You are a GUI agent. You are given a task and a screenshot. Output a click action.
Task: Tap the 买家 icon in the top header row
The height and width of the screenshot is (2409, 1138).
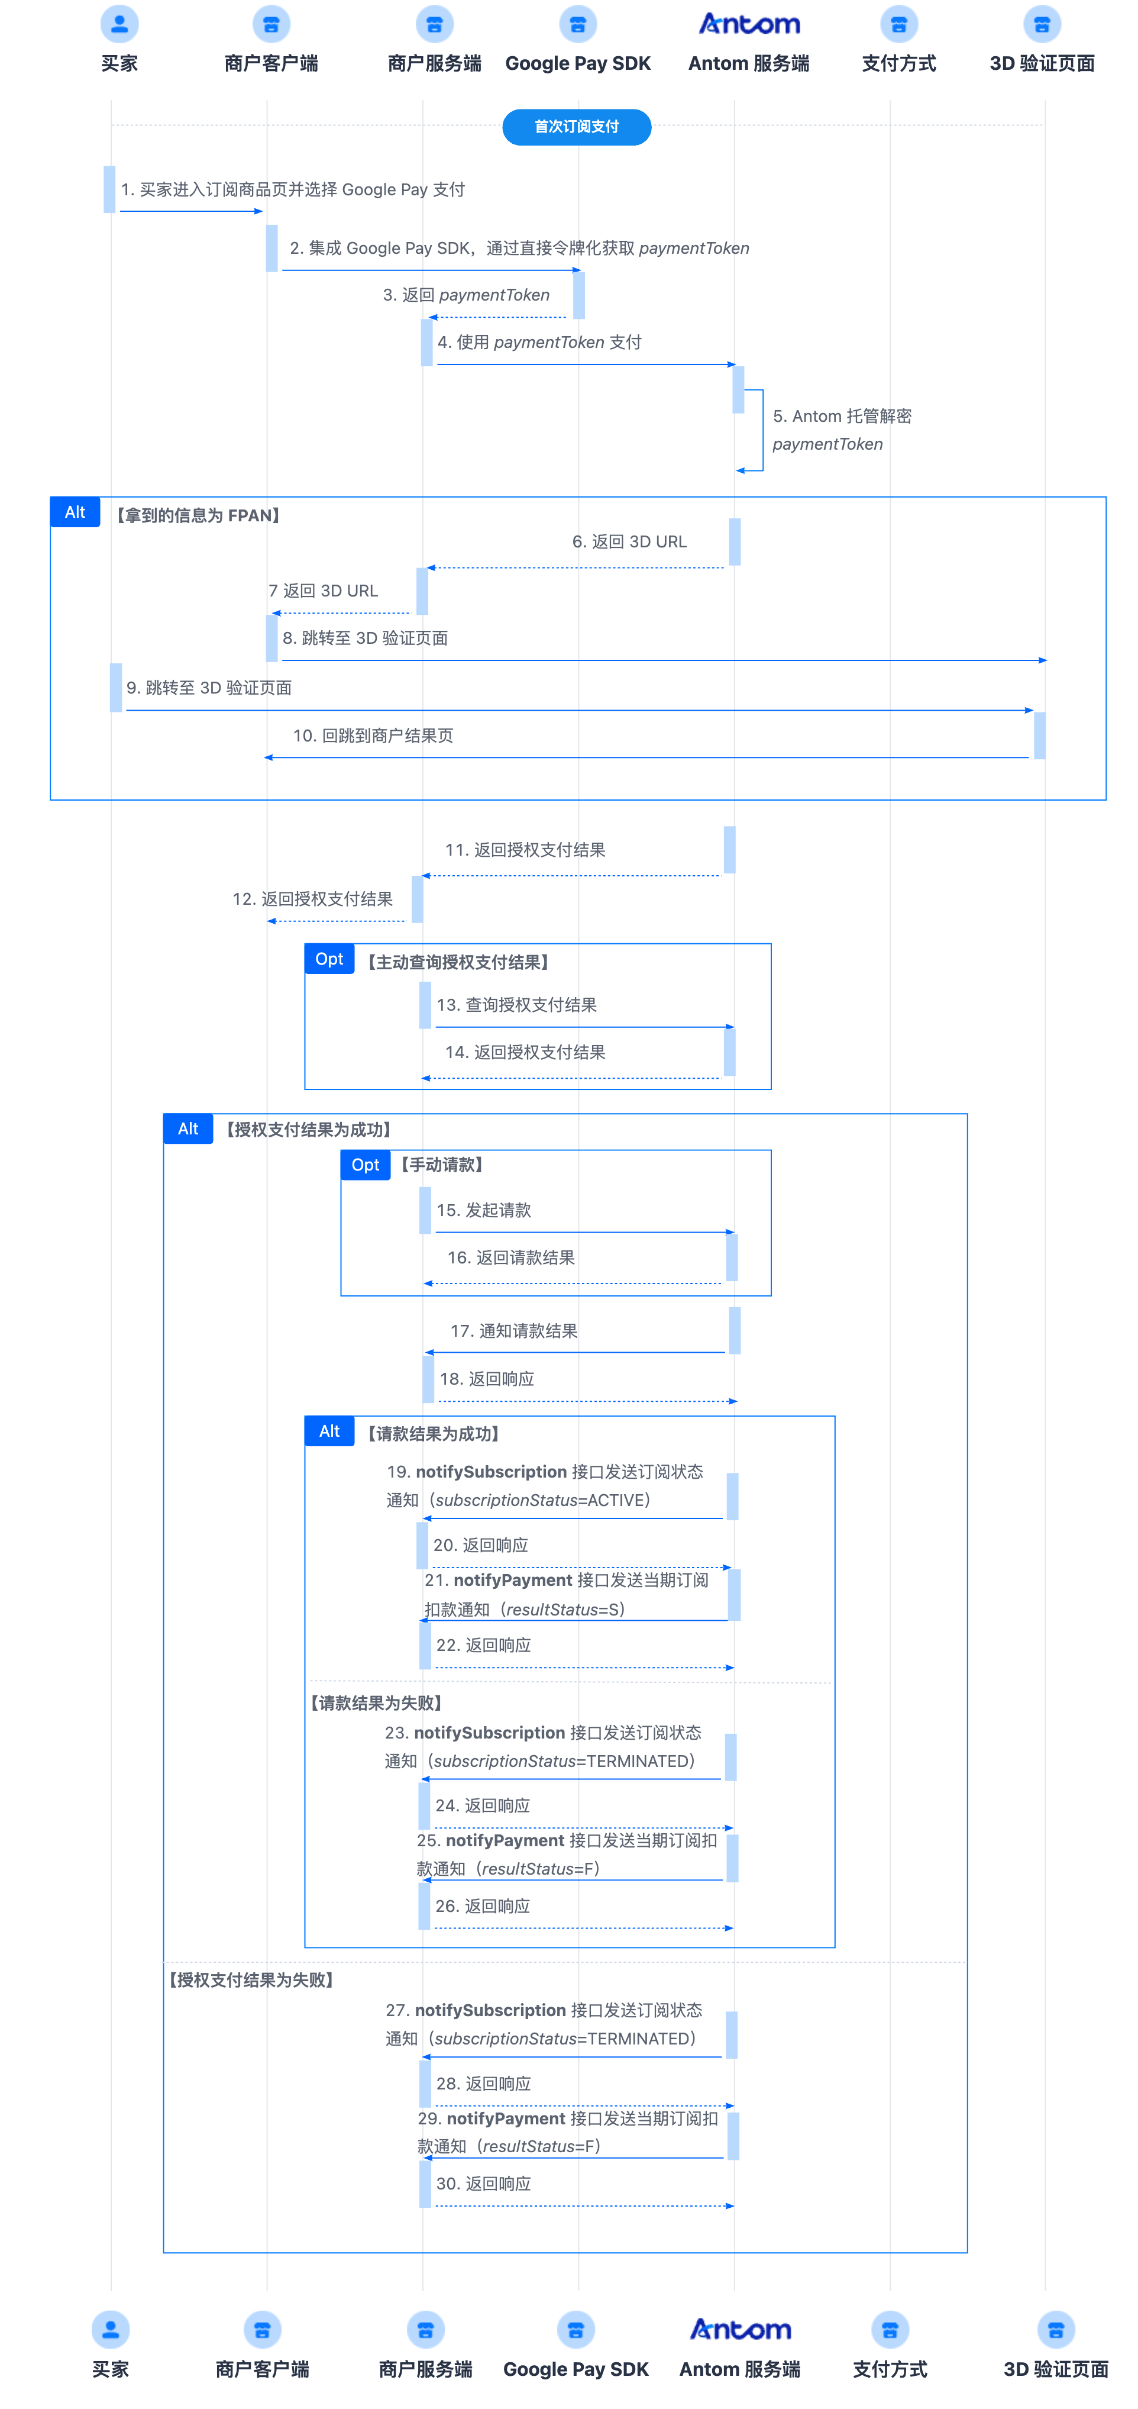tap(119, 24)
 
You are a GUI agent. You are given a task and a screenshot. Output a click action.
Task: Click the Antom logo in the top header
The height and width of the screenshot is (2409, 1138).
tap(749, 24)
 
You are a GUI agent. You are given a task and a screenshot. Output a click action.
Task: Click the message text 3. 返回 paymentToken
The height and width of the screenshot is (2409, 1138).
tap(465, 295)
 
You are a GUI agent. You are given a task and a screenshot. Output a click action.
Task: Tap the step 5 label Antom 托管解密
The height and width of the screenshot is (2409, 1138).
tap(842, 416)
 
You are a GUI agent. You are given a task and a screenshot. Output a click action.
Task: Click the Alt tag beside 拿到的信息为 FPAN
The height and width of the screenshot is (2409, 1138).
tap(75, 512)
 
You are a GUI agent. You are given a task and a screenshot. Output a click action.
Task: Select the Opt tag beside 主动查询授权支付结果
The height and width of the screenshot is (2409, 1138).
tap(329, 959)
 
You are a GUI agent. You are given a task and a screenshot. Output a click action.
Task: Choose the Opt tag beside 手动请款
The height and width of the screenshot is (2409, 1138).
tap(366, 1165)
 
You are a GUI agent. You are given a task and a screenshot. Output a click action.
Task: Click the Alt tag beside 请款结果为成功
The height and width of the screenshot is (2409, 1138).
tap(329, 1432)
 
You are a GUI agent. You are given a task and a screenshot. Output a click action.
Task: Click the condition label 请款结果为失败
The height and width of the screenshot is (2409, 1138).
tap(376, 1703)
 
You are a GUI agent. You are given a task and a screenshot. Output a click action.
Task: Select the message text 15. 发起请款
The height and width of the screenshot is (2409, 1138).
tap(483, 1210)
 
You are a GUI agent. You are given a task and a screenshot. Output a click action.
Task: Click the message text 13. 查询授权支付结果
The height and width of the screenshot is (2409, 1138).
tap(516, 1005)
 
